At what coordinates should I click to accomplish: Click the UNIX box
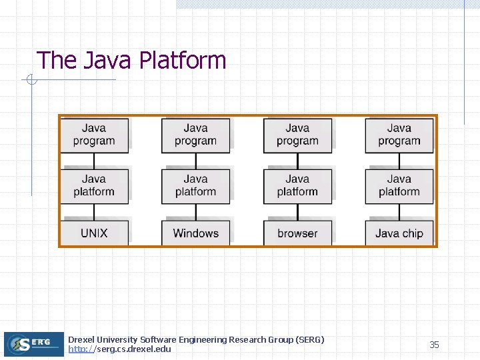point(94,233)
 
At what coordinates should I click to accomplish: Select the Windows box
point(195,233)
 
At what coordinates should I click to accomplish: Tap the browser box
point(297,233)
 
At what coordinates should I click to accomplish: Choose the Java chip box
point(399,233)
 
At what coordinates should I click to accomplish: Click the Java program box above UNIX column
point(94,135)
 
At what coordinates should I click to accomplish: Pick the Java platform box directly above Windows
point(195,186)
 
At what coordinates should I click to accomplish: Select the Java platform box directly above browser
point(297,186)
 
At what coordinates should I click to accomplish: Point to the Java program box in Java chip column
point(399,135)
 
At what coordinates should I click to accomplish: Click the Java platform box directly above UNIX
point(94,186)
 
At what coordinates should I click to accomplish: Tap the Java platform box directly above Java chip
point(399,186)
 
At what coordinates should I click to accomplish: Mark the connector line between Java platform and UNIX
point(94,212)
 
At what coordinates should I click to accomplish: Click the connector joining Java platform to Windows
point(196,212)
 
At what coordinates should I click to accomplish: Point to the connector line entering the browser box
point(297,212)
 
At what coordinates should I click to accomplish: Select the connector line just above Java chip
point(399,212)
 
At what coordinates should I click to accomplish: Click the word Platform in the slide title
point(183,61)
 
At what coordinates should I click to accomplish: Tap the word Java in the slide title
point(109,61)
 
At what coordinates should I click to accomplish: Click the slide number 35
point(434,345)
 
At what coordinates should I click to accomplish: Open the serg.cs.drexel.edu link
point(120,349)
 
